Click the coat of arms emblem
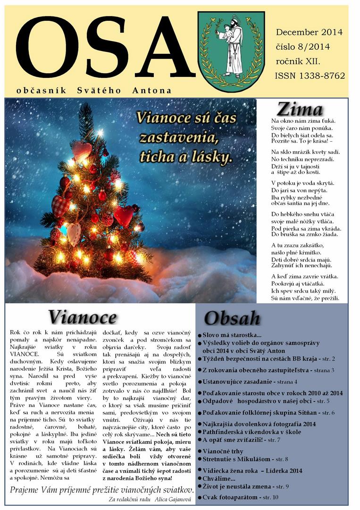tap(230, 51)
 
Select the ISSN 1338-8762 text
tap(310, 76)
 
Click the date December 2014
tap(309, 32)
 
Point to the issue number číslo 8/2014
tap(302, 47)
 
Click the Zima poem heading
tap(300, 109)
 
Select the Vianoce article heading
tap(82, 316)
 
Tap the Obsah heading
tap(232, 317)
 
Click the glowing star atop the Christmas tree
tap(100, 134)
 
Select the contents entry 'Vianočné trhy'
tap(223, 451)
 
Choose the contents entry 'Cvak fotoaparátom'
tap(230, 497)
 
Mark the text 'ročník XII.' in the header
tap(298, 61)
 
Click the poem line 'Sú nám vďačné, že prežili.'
tap(305, 299)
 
